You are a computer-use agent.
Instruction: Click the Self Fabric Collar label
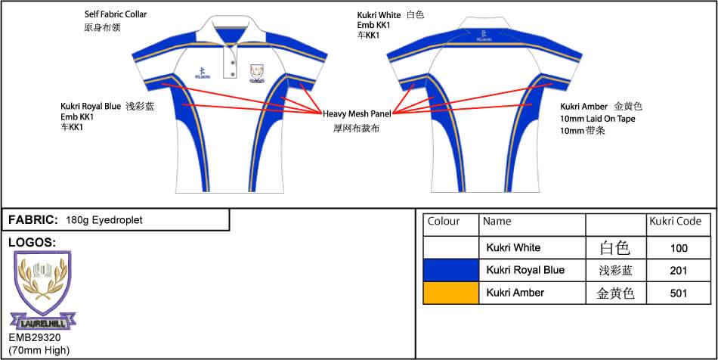click(116, 14)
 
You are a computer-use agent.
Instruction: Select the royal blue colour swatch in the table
click(450, 270)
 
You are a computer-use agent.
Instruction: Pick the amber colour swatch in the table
click(450, 293)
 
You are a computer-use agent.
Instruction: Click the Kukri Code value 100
click(679, 248)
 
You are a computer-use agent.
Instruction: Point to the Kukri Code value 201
click(679, 270)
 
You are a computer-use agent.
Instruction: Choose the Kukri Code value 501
click(679, 293)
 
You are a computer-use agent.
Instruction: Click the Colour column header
click(444, 222)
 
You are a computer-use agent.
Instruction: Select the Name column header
click(497, 222)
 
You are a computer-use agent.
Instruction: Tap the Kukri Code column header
click(675, 222)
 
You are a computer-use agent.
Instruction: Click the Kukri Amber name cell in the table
click(515, 293)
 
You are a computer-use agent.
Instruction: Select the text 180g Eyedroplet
click(104, 220)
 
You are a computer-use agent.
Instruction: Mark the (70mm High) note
click(39, 349)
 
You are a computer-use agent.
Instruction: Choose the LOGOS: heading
click(32, 242)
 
